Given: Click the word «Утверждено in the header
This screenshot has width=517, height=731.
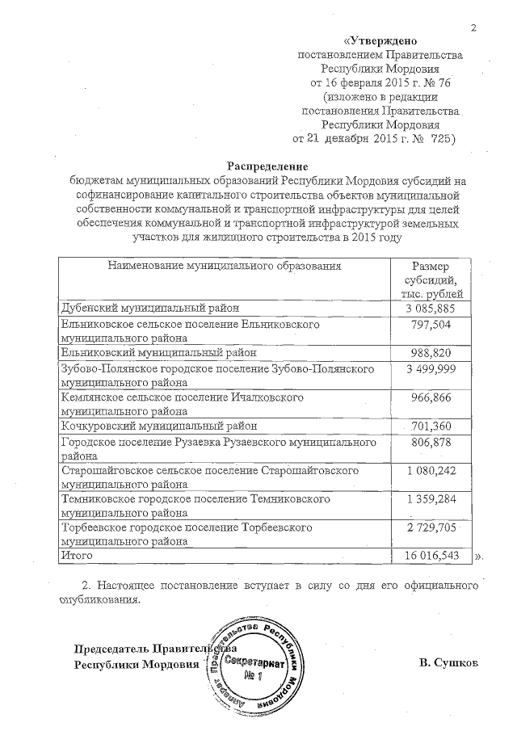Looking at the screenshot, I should coord(379,40).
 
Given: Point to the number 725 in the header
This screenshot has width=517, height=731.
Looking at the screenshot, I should coord(439,139).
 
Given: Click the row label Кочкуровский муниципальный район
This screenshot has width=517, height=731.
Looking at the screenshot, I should coord(159,425).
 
